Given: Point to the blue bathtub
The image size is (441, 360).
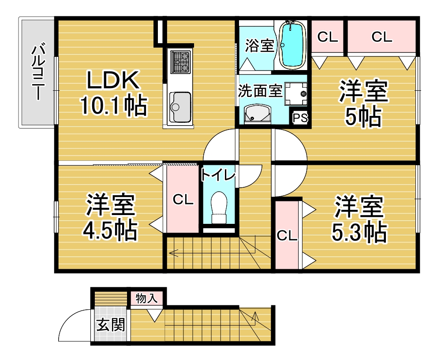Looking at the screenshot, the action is click(x=293, y=45).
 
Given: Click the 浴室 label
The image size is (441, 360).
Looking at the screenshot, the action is click(x=259, y=46).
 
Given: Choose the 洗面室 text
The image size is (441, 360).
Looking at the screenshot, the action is click(x=260, y=90).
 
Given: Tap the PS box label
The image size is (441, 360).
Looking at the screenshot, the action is click(x=300, y=118).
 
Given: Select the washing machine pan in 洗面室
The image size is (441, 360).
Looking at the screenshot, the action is click(x=296, y=94).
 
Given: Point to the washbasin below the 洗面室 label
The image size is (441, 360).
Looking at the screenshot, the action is click(x=258, y=114).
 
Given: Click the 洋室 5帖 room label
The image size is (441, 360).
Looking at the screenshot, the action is click(x=363, y=103).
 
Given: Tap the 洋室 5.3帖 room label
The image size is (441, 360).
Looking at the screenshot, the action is click(x=359, y=218).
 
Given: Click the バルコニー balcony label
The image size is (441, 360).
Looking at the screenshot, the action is click(x=38, y=72).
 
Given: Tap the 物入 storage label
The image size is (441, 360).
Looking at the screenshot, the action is click(x=146, y=298).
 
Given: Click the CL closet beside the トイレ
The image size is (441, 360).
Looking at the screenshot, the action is click(x=183, y=200).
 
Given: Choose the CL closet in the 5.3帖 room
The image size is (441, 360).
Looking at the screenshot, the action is click(x=287, y=235).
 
